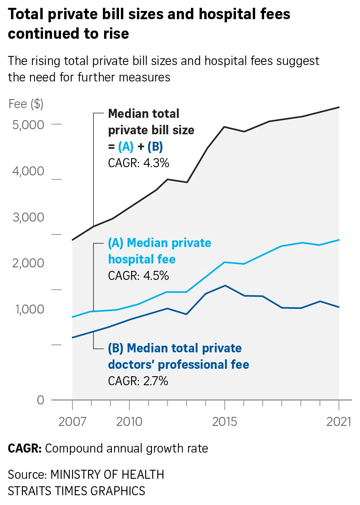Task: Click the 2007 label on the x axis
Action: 72,422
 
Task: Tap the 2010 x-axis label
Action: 129,422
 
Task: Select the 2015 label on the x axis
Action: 225,422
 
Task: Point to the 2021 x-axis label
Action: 338,422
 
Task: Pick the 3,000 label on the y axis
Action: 29,217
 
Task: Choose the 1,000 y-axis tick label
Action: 29,309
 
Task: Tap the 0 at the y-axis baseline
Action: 41,400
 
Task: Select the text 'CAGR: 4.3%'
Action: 139,163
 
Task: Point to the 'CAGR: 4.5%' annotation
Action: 139,276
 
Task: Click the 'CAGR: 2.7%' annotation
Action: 138,381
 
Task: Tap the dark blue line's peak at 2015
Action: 225,285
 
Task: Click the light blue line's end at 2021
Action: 339,240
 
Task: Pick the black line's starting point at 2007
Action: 73,240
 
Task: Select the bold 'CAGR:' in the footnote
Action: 25,448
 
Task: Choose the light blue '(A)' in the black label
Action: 126,146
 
